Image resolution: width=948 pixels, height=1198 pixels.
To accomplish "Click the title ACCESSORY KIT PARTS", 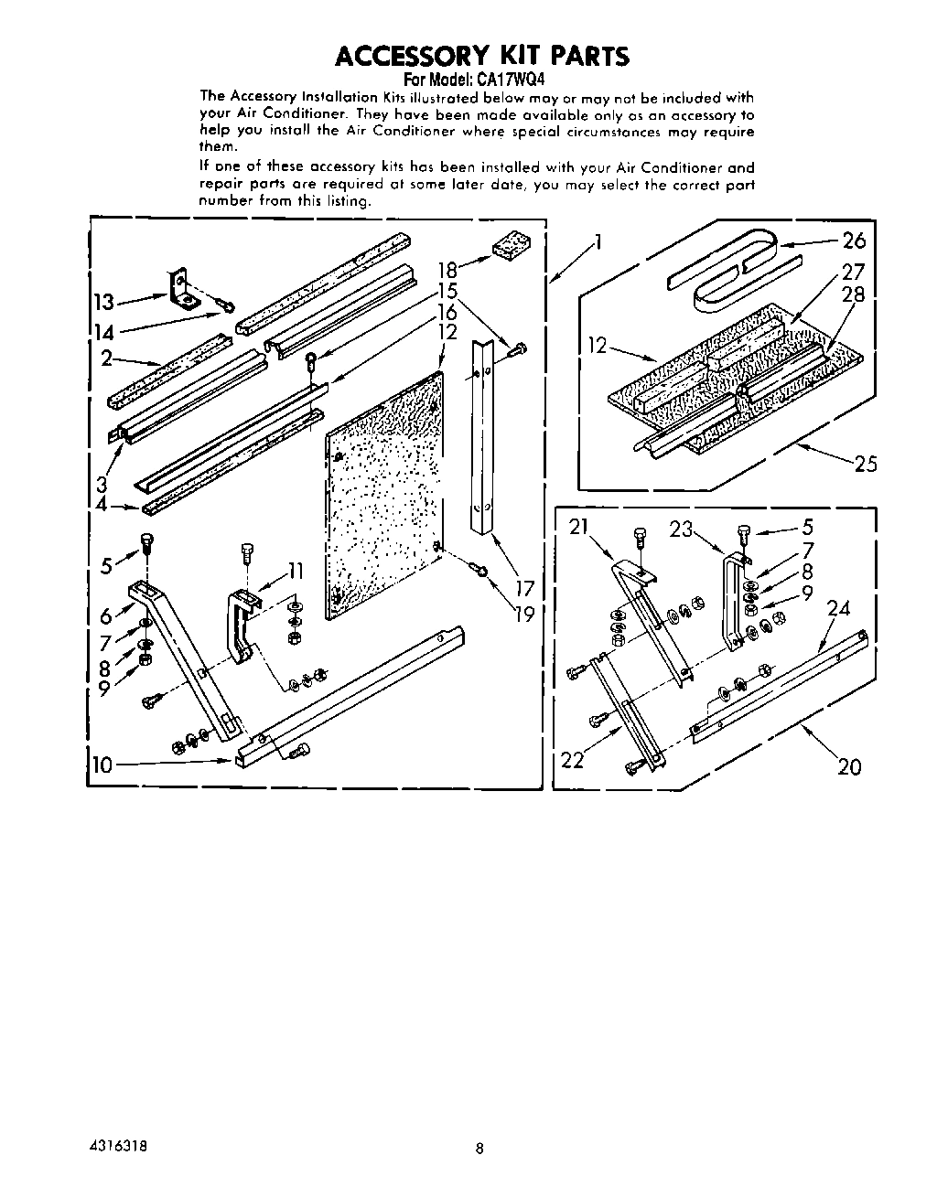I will (482, 56).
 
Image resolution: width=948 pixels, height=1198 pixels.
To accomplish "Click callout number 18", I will (447, 270).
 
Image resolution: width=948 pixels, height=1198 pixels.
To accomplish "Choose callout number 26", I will (853, 241).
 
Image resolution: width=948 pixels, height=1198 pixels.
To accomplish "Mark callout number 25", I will (865, 464).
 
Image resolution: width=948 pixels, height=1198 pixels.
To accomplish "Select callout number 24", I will (838, 608).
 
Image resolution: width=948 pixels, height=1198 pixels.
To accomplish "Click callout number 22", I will (572, 759).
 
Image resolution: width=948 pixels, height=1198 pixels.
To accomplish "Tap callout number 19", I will (523, 613).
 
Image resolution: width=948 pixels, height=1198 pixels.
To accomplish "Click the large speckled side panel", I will (384, 494).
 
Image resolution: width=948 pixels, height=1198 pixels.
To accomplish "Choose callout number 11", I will (295, 572).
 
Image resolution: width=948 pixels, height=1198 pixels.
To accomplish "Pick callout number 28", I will (852, 294).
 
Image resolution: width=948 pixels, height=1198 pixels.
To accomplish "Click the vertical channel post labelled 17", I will (482, 439).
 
